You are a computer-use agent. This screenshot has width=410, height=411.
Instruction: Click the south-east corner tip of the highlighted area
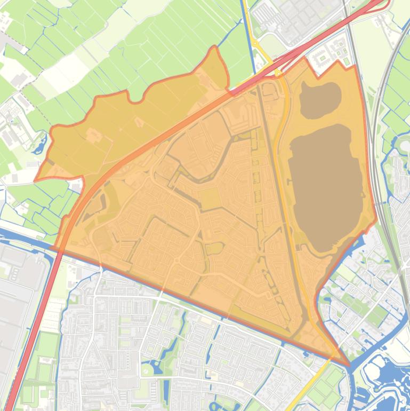(349, 365)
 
